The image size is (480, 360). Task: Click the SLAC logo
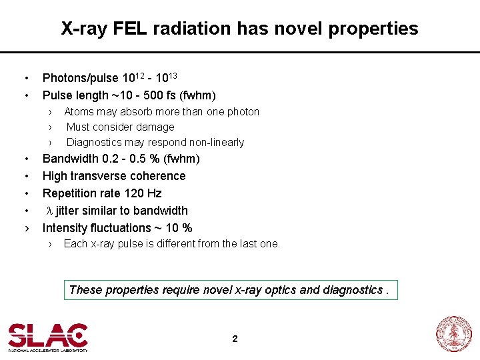47,337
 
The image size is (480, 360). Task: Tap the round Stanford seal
453,334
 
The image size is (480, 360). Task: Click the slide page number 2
235,339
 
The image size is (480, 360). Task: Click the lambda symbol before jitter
49,211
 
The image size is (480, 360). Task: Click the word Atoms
79,111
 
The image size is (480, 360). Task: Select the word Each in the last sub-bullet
75,243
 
